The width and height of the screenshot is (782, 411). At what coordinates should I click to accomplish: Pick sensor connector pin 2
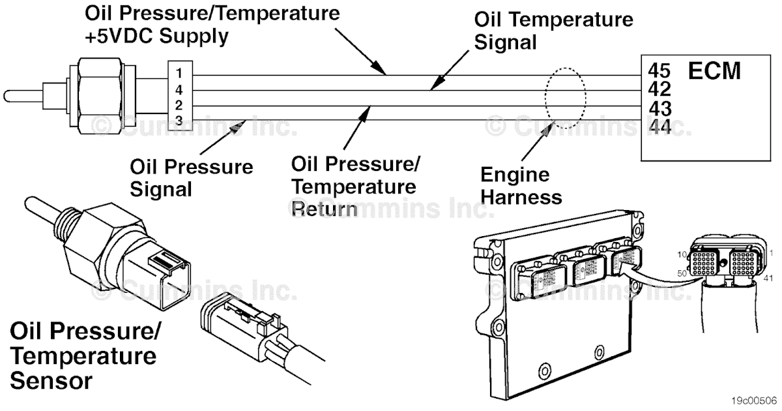[179, 104]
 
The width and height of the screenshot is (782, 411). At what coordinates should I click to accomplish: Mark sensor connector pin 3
[179, 119]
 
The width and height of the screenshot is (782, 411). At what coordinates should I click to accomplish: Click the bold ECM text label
[714, 70]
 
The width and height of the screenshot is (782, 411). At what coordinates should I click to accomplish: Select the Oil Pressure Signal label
[191, 177]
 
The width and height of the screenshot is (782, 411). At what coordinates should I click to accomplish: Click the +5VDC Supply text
[156, 37]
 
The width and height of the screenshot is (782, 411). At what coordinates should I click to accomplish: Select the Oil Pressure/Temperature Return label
[354, 185]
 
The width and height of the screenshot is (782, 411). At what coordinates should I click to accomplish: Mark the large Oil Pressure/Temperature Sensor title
[84, 356]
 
